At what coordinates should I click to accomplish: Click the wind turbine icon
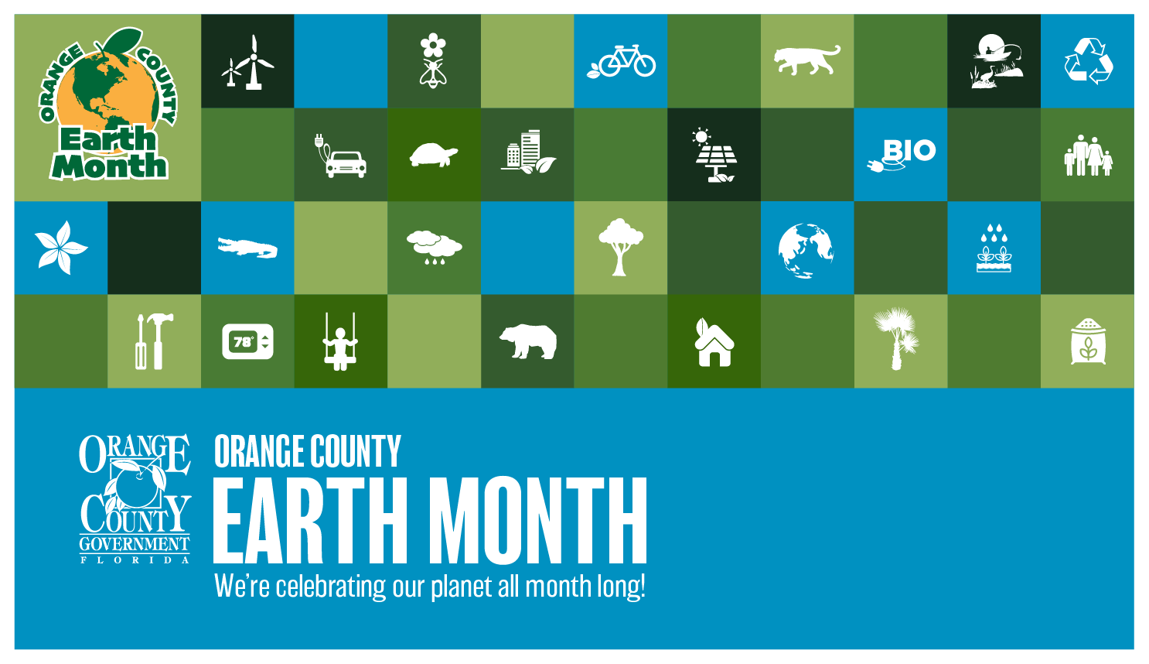tap(248, 62)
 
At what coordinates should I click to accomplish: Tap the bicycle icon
tap(622, 61)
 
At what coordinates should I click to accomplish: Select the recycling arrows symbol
tap(1088, 61)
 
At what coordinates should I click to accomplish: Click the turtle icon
tap(433, 155)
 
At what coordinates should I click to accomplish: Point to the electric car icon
tap(341, 157)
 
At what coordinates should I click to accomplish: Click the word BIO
tap(909, 150)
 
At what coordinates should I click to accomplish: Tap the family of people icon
tap(1087, 156)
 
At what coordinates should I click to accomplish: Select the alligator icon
tap(247, 248)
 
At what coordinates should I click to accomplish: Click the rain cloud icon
tap(434, 247)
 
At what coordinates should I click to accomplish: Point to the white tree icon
tap(620, 247)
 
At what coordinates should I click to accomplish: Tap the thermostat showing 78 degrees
tap(247, 341)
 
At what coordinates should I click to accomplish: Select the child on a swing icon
tap(340, 342)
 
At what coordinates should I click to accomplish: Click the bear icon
tap(528, 341)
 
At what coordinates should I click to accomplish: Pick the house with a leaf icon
tap(714, 343)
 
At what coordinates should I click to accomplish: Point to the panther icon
tap(807, 60)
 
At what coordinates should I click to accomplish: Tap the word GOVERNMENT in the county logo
tap(135, 544)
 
